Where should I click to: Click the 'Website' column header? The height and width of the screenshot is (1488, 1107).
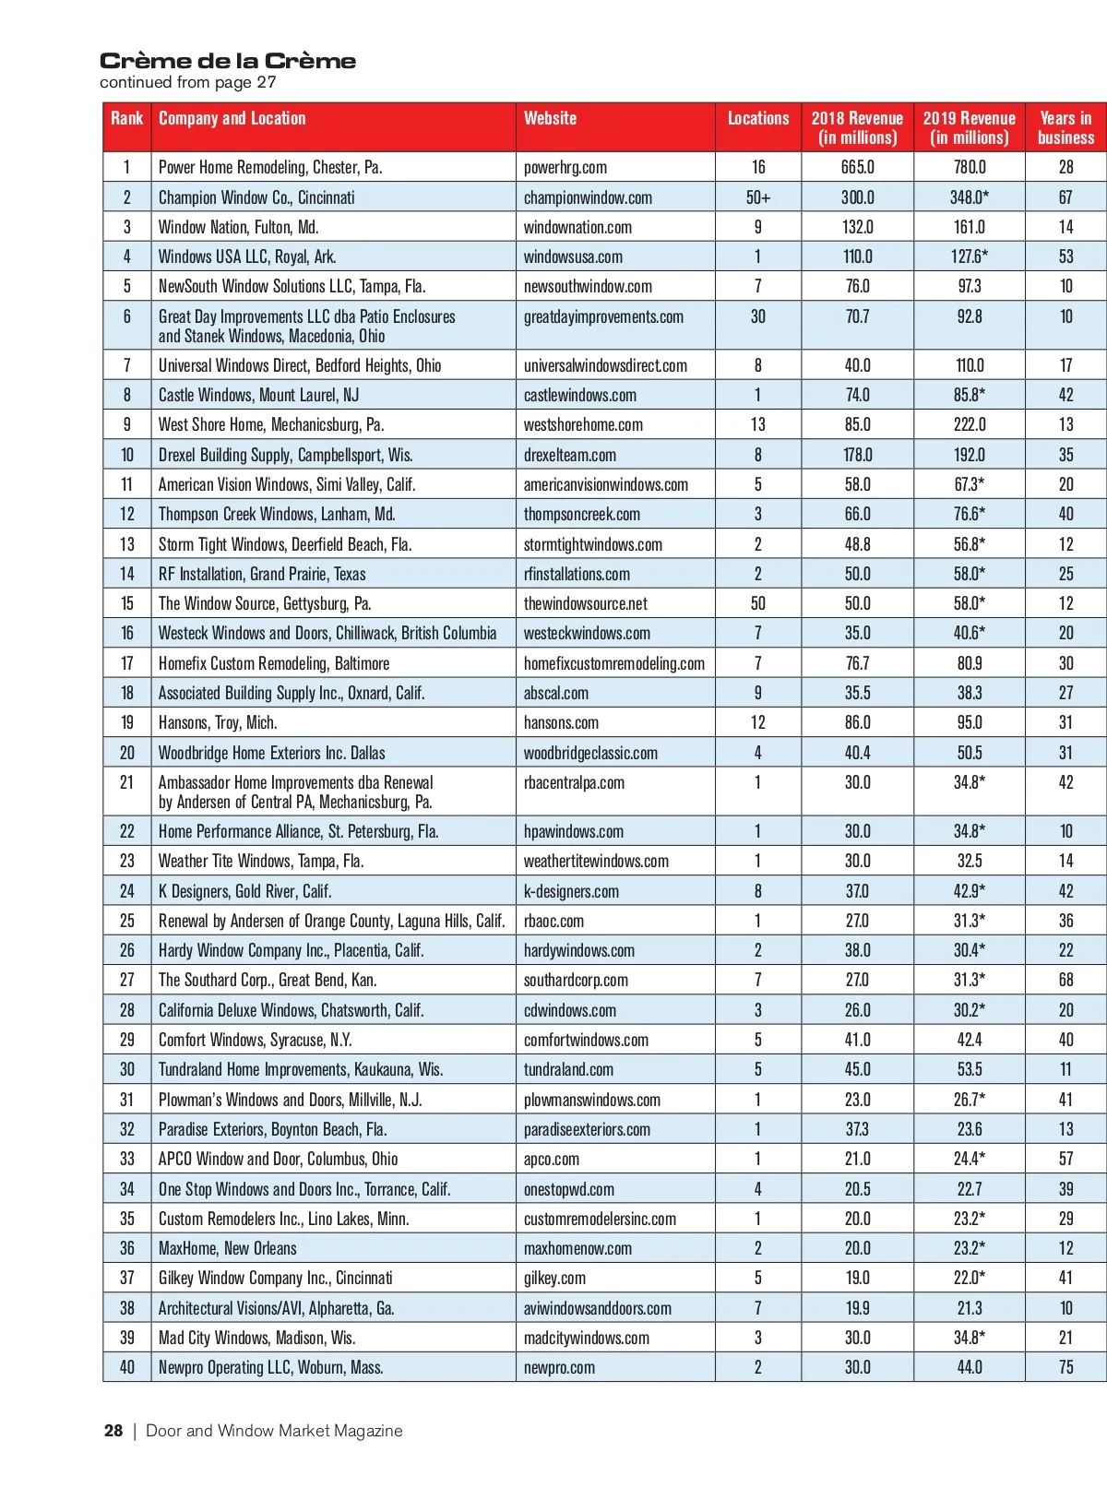[550, 118]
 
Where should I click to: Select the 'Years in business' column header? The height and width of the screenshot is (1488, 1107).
[1065, 127]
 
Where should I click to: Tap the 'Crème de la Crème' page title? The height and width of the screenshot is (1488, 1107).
[228, 61]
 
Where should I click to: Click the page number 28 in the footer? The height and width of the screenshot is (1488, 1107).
[113, 1431]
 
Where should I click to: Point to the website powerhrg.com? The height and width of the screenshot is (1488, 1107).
[565, 167]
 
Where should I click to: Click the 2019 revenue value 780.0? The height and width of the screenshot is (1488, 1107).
[969, 167]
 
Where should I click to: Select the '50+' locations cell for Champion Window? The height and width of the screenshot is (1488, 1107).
[757, 197]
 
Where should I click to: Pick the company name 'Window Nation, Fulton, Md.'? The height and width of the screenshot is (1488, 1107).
[239, 227]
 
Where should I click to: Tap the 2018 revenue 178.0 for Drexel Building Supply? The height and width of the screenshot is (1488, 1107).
[857, 455]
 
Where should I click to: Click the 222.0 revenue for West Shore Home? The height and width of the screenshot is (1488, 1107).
[969, 424]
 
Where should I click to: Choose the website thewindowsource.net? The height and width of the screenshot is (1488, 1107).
[585, 603]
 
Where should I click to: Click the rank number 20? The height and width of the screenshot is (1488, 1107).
[126, 753]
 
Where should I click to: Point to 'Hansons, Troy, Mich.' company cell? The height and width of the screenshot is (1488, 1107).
[218, 722]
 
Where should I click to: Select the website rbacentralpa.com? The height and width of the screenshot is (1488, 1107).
[574, 782]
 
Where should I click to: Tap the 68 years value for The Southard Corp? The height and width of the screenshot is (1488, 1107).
[1065, 980]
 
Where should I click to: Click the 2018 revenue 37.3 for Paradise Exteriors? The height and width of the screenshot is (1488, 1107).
[857, 1129]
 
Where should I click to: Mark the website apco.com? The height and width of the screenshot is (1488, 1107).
[552, 1159]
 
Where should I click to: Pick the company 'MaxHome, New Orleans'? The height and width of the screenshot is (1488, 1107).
[228, 1248]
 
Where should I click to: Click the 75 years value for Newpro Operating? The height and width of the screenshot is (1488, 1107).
[1065, 1367]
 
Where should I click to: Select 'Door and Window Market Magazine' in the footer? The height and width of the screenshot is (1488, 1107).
[274, 1431]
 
